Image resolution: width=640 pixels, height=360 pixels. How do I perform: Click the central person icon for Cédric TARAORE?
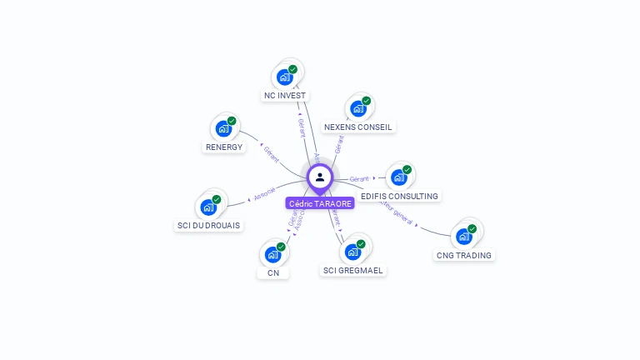[x=320, y=177]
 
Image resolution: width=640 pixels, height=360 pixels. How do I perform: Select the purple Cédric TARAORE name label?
[x=320, y=203]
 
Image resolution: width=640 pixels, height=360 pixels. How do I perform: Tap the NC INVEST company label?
[x=286, y=96]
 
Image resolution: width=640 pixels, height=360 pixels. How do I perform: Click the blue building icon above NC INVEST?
[x=285, y=77]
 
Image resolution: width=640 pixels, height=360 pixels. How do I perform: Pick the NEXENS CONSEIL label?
[x=357, y=127]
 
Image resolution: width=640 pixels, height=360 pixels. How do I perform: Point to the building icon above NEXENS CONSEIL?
[x=357, y=108]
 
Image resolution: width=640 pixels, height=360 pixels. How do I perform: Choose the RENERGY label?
[x=223, y=147]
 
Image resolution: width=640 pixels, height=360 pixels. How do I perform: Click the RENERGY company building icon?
[x=223, y=128]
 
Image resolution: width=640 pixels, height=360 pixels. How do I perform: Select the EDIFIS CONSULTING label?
[x=399, y=196]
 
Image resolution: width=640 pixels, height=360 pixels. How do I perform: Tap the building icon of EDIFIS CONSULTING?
[x=399, y=177]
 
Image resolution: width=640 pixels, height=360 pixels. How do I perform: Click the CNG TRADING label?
[x=463, y=255]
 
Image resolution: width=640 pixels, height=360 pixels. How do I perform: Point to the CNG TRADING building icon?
[x=464, y=236]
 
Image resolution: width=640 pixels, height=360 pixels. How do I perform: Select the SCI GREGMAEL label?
[x=353, y=270]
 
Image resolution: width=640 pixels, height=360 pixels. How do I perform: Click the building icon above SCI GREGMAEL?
[x=353, y=252]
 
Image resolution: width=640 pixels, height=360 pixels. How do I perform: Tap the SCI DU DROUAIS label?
[x=208, y=225]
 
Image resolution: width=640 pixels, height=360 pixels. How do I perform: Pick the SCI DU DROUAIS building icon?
[x=208, y=207]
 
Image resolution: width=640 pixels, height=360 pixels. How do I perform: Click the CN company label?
[x=273, y=272]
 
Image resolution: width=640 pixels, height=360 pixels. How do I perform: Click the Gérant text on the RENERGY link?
[x=271, y=153]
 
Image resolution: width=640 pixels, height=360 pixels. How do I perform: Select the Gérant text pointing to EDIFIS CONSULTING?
[x=359, y=179]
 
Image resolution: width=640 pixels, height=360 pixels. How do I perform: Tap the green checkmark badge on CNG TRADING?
[x=472, y=228]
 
